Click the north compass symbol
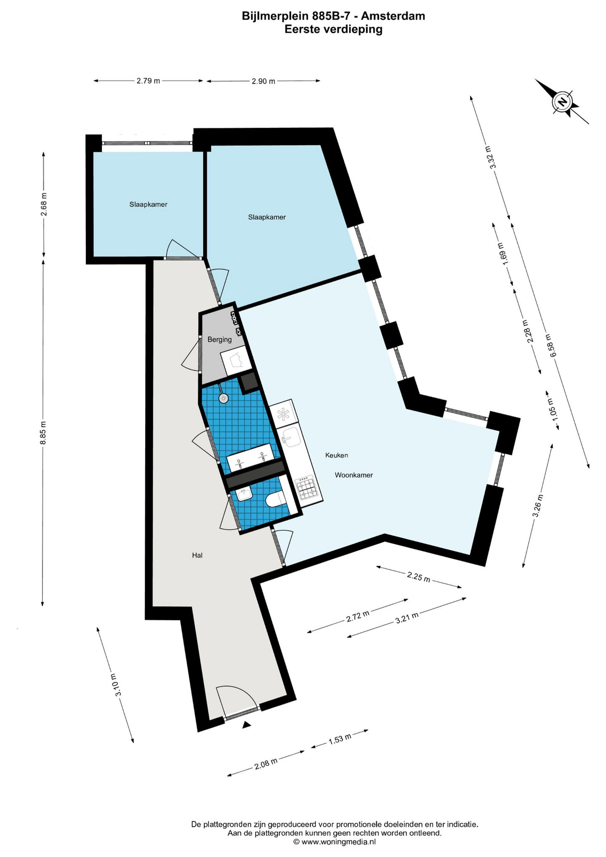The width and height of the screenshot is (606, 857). (x=562, y=101)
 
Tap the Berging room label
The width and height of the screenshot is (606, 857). (x=220, y=339)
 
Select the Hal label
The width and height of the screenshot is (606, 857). (x=197, y=555)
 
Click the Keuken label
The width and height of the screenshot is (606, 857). (x=336, y=455)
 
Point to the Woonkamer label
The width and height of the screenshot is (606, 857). (x=354, y=475)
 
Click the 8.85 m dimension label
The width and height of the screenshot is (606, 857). (x=43, y=432)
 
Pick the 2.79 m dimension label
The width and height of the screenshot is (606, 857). (x=148, y=81)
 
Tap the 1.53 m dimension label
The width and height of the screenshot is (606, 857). (x=340, y=739)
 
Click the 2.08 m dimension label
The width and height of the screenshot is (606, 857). (x=266, y=764)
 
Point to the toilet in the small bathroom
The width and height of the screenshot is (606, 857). (x=276, y=499)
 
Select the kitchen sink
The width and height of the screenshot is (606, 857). (x=290, y=436)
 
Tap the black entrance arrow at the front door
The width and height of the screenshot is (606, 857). (x=247, y=724)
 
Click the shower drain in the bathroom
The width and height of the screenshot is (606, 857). (x=223, y=398)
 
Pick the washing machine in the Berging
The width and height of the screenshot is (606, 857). (x=236, y=362)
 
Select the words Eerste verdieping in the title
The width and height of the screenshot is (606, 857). (x=333, y=29)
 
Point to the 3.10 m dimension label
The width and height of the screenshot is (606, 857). (x=115, y=685)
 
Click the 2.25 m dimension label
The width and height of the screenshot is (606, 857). (x=418, y=576)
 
